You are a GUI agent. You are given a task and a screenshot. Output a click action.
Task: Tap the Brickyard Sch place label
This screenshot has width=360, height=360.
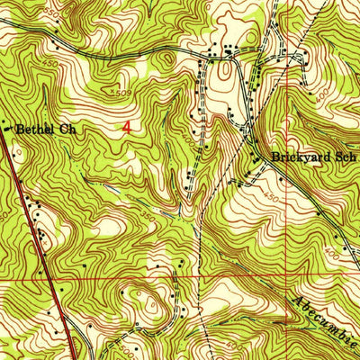coord(309,157)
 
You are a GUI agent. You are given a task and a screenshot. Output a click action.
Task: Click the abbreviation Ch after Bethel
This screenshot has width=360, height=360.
coord(68,129)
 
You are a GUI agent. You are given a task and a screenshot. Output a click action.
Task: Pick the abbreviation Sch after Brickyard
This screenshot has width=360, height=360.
coord(337,157)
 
